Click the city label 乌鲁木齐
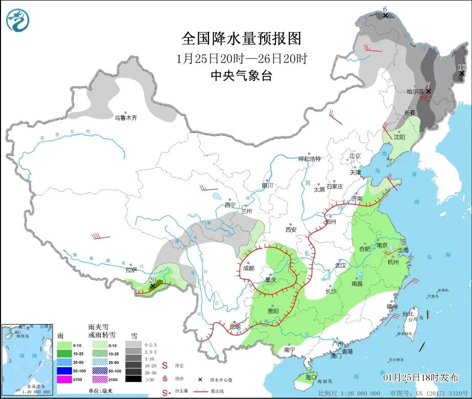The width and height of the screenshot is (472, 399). tap(125, 118)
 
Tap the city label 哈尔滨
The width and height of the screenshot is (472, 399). tap(415, 92)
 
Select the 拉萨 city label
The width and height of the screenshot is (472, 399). tap(131, 270)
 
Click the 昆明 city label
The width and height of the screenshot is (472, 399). tap(234, 327)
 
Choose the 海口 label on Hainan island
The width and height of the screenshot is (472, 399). tap(311, 377)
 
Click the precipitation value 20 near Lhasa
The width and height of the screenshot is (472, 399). tap(152, 280)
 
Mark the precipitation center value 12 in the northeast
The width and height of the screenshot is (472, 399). tap(462, 67)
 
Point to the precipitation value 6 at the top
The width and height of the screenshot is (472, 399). tap(385, 9)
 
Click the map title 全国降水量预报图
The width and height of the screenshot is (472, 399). tap(241, 38)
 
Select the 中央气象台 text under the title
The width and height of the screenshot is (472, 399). tap(241, 76)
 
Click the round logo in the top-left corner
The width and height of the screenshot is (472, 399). tap(18, 20)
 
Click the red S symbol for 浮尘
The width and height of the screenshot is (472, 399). tap(165, 366)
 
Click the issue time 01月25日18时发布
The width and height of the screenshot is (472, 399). tap(421, 377)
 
